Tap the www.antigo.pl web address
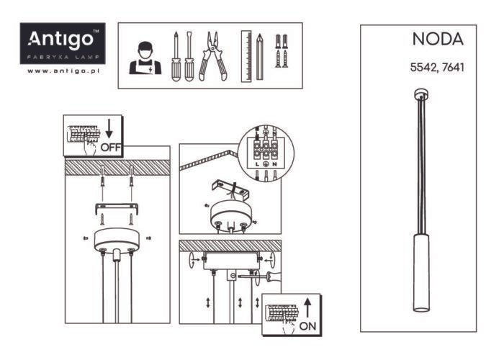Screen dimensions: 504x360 tap(63, 71)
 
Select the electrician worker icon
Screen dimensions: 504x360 tap(145, 58)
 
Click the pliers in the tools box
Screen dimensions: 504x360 tap(212, 55)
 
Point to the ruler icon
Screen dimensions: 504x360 tap(246, 56)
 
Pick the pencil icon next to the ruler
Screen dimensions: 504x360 tap(260, 57)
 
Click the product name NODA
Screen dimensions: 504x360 tap(438, 39)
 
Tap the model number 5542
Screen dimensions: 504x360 tap(423, 68)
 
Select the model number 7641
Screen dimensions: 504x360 tap(453, 68)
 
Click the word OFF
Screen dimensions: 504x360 tap(111, 148)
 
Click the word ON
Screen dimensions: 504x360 tap(307, 326)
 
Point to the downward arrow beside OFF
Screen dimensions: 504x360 tap(109, 129)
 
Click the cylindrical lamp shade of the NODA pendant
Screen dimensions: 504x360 tap(421, 272)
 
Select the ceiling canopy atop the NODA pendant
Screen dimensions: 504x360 tap(421, 94)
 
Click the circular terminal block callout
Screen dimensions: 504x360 tap(266, 153)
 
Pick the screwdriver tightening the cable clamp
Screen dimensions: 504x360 tap(258, 276)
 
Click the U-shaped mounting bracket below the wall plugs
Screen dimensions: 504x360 tap(117, 208)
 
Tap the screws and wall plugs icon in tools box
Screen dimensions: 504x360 tap(282, 51)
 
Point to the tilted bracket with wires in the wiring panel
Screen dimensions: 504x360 tap(230, 189)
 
